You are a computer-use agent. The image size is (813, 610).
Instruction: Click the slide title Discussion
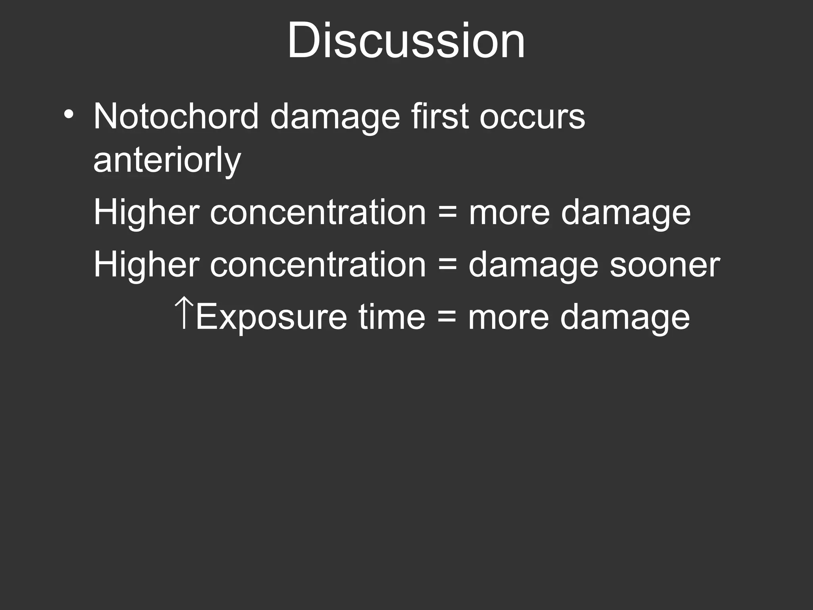coord(406,41)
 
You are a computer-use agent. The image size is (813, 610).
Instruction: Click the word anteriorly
coord(167,161)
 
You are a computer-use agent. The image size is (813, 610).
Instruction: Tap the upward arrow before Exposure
coord(183,314)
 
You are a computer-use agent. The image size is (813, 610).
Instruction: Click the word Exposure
coord(272,317)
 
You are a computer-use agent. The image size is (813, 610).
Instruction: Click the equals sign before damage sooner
coord(447,265)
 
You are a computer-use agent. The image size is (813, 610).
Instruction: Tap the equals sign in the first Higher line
coord(447,213)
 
